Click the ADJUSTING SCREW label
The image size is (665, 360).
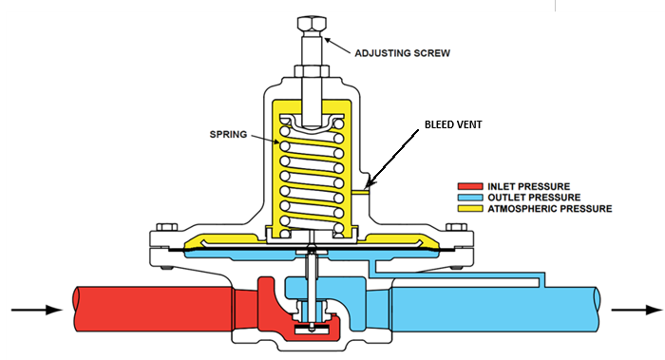click(x=402, y=53)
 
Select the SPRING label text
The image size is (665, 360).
click(x=228, y=135)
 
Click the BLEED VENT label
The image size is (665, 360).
click(x=453, y=124)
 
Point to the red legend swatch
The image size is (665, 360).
click(x=470, y=186)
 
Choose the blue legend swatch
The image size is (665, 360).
click(x=470, y=198)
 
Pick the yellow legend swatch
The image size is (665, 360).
click(x=470, y=208)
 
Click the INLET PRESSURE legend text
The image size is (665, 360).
click(x=528, y=186)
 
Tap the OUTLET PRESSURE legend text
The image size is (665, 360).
click(x=534, y=198)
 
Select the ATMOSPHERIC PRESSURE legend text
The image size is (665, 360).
click(x=550, y=209)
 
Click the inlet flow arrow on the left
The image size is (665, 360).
click(x=37, y=310)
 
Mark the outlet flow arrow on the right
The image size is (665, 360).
click(x=636, y=310)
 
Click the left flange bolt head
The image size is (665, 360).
click(x=166, y=227)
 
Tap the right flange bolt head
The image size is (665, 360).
click(x=456, y=227)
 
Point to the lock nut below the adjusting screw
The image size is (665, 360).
click(x=312, y=71)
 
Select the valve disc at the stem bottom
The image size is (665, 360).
click(x=312, y=330)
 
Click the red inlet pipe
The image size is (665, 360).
click(x=153, y=309)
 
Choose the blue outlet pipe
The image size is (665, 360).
click(x=495, y=309)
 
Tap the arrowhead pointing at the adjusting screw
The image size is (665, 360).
click(x=327, y=41)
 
